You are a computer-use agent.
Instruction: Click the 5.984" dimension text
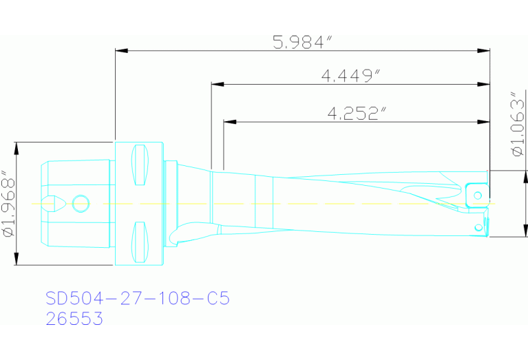[x=303, y=42]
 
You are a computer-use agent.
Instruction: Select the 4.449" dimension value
[x=351, y=75]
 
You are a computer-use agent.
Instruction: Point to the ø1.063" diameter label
[x=518, y=123]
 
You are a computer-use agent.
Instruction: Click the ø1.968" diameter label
[x=8, y=203]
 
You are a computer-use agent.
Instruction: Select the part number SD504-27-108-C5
[x=137, y=299]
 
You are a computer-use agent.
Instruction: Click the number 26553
[x=74, y=319]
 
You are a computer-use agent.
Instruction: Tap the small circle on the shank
[x=81, y=203]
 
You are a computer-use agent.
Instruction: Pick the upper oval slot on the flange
[x=140, y=165]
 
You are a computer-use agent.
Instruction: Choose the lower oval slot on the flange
[x=140, y=242]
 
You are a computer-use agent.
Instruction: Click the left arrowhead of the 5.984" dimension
[x=119, y=50]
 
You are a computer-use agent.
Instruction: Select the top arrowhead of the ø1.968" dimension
[x=17, y=145]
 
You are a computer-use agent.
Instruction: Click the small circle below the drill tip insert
[x=478, y=226]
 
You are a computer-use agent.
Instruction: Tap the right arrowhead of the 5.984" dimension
[x=486, y=50]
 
